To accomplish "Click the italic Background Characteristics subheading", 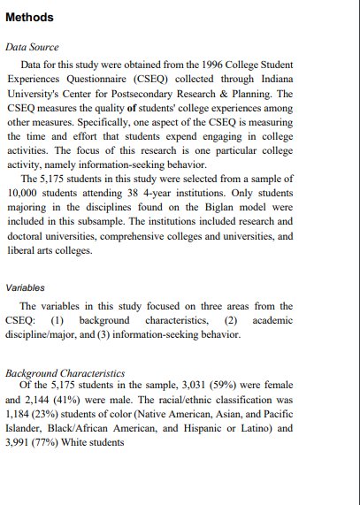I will pyautogui.click(x=65, y=373).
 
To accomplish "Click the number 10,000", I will pyautogui.click(x=25, y=190).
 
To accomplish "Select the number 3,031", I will pyautogui.click(x=173, y=385).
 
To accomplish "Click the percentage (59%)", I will pyautogui.click(x=210, y=385).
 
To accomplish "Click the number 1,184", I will pyautogui.click(x=21, y=413).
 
